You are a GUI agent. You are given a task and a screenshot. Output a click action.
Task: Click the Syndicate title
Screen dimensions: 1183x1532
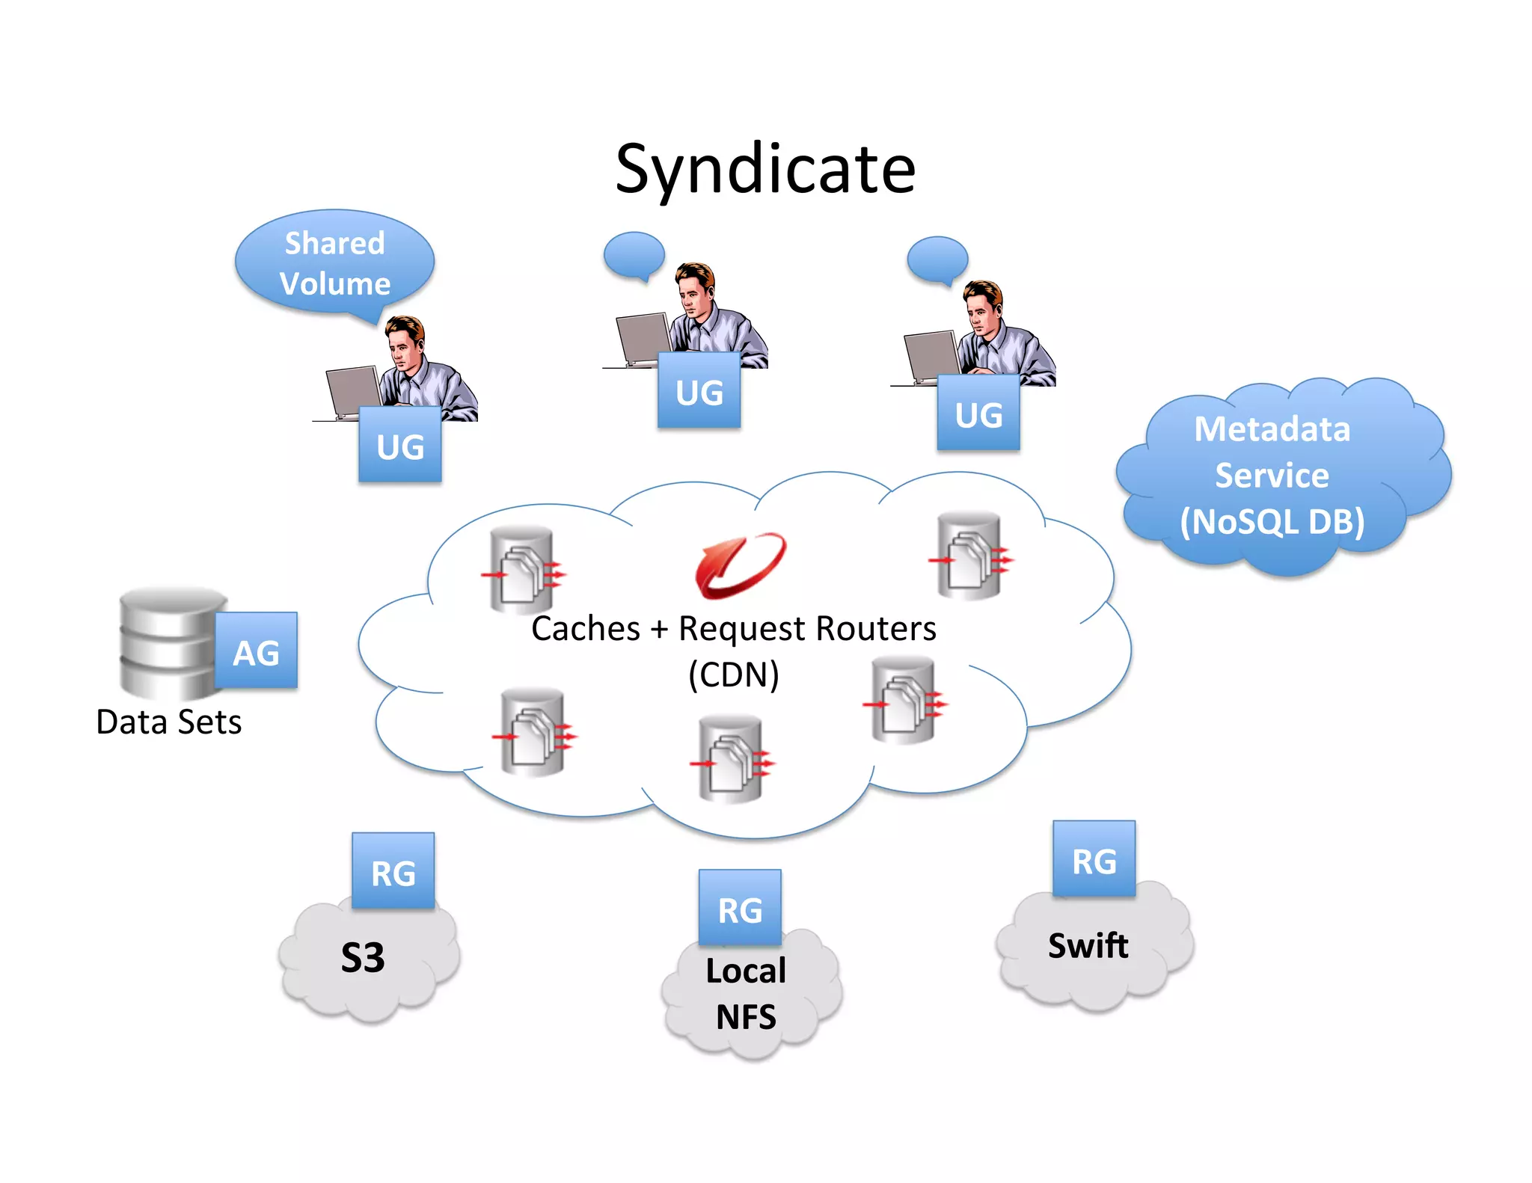point(765,169)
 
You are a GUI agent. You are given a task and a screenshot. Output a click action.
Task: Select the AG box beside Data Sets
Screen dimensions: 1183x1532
point(256,651)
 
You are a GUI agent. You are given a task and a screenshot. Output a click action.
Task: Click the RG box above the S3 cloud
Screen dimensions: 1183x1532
point(393,871)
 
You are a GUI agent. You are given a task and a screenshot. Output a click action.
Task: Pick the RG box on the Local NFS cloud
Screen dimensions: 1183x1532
point(740,908)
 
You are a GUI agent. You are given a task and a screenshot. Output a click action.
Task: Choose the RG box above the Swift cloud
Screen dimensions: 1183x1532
point(1094,859)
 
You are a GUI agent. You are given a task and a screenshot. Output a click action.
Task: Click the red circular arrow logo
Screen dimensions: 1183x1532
point(740,566)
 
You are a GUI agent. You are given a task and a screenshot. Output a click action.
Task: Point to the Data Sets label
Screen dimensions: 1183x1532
point(169,722)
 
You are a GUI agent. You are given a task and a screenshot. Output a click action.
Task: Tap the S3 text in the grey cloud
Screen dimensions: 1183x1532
point(363,958)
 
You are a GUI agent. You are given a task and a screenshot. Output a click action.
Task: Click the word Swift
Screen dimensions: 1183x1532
point(1088,946)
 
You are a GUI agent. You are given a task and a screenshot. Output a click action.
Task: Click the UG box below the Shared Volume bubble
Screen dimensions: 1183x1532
point(399,445)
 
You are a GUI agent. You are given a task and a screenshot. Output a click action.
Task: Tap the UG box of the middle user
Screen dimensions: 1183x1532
point(699,390)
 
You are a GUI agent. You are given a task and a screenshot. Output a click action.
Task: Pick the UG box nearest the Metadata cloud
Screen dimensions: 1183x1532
point(978,413)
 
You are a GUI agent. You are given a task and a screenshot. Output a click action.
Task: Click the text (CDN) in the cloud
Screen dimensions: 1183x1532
point(733,675)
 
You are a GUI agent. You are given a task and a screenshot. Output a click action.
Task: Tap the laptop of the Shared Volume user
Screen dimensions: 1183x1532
point(354,390)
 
